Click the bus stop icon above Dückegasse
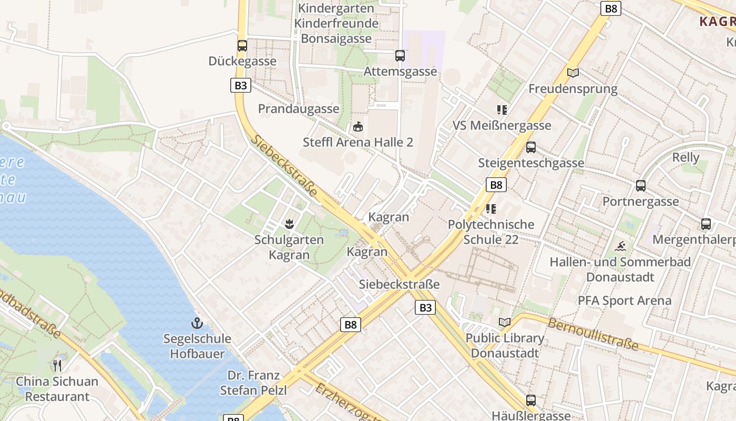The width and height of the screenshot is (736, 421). point(242,46)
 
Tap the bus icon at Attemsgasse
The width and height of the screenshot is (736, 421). point(400,56)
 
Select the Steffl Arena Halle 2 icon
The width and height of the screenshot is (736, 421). point(358,127)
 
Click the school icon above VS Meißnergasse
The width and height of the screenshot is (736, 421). point(502,110)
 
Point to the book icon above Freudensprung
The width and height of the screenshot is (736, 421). point(573,73)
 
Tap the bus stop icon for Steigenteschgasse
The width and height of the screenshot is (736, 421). point(531,147)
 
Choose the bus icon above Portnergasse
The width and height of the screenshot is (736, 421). point(640,186)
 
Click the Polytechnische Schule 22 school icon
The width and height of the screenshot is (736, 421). point(491,209)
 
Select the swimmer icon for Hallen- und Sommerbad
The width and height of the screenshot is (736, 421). point(620,246)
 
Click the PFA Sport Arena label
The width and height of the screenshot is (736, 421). point(625,300)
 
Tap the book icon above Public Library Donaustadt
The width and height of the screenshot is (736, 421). point(505,322)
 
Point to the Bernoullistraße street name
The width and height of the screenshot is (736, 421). point(593,334)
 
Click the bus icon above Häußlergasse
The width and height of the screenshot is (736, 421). point(531,400)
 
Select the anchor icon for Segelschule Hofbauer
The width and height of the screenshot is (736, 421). point(197,323)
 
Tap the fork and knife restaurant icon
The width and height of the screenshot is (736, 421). point(57,365)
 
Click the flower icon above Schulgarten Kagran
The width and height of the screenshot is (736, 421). point(289,225)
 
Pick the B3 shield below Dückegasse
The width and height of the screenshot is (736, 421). point(240,85)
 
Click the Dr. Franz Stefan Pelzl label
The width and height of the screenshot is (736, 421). point(253,383)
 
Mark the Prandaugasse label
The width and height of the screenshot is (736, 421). point(299,109)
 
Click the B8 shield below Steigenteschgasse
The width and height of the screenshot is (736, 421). point(496,185)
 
